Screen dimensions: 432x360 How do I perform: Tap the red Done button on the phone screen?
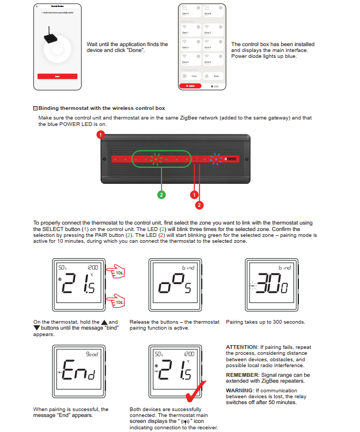58,77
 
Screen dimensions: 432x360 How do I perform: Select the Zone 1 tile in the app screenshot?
191,29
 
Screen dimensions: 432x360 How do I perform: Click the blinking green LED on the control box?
156,159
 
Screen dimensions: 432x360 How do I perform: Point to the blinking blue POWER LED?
216,159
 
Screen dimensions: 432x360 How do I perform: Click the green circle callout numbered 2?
161,195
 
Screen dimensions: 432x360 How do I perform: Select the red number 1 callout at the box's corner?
100,136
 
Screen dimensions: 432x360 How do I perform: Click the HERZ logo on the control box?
231,159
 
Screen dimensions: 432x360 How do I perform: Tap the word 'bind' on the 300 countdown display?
284,267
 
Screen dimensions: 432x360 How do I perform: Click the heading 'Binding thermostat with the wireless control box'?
101,108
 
